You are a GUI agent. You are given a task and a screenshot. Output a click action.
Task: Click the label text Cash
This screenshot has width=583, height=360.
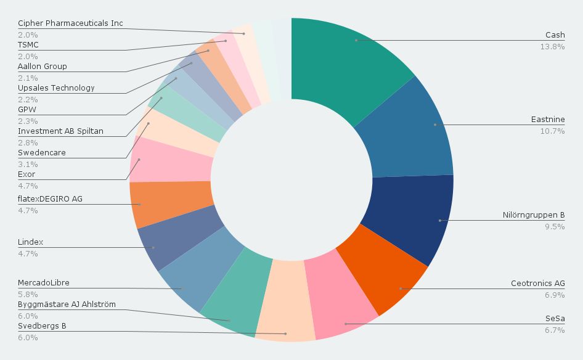pyautogui.click(x=555, y=35)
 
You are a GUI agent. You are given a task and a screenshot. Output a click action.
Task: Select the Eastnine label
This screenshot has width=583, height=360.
pyautogui.click(x=548, y=120)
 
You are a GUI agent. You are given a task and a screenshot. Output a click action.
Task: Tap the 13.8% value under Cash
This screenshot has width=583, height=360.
pyautogui.click(x=552, y=47)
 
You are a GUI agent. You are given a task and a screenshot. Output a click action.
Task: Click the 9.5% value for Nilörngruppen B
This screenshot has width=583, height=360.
pyautogui.click(x=555, y=227)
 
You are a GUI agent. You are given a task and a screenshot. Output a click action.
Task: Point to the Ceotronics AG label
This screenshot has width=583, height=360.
pyautogui.click(x=537, y=284)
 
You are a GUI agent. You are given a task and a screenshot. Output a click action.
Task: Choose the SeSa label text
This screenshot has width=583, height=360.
pyautogui.click(x=555, y=319)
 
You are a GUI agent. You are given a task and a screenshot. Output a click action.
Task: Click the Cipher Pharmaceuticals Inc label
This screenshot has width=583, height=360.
pyautogui.click(x=70, y=23)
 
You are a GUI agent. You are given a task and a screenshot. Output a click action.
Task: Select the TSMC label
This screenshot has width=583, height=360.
pyautogui.click(x=28, y=45)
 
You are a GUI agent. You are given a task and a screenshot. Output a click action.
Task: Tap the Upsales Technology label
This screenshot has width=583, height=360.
pyautogui.click(x=56, y=88)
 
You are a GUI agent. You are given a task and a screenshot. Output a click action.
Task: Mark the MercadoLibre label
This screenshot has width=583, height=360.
pyautogui.click(x=44, y=283)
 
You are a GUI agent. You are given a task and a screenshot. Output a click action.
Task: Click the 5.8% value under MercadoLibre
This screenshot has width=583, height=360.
pyautogui.click(x=28, y=295)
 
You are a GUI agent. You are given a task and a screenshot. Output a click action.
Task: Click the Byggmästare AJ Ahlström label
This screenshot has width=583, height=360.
pyautogui.click(x=67, y=305)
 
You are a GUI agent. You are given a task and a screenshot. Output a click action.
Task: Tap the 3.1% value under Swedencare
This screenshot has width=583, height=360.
pyautogui.click(x=28, y=165)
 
